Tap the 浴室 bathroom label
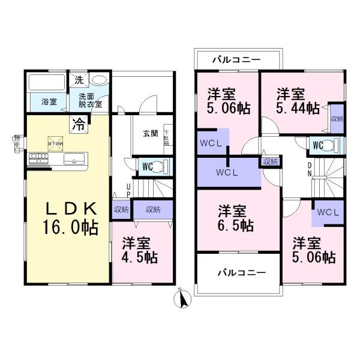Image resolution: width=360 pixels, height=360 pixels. tap(49, 102)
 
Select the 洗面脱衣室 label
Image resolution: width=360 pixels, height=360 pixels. tap(90, 100)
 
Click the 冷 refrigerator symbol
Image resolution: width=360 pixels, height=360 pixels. tap(79, 125)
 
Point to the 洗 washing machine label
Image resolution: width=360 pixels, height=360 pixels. tap(79, 79)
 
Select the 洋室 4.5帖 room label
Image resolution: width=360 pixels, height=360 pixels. tap(140, 251)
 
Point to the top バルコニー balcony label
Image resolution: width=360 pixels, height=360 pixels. tap(238, 60)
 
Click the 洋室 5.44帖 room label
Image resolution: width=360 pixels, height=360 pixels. tap(298, 101)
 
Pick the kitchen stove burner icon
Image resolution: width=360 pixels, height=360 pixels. tap(37, 158)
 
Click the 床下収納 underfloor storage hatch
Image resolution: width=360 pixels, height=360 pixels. tap(51, 142)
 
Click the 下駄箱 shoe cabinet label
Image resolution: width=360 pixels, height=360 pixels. tap(166, 138)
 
